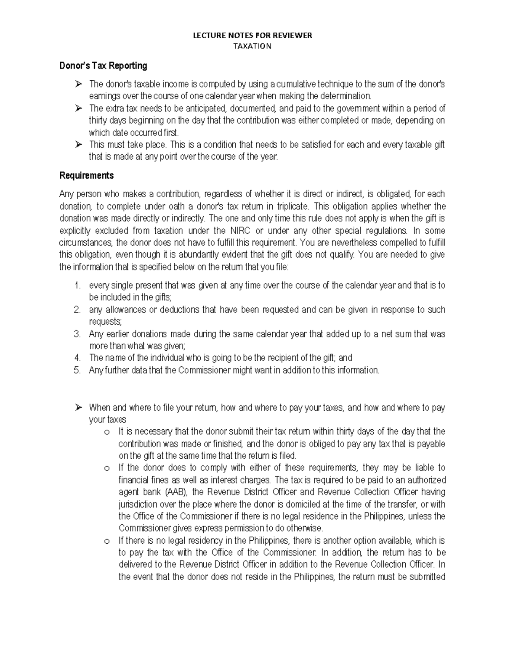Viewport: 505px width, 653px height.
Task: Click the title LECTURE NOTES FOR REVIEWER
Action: point(252,35)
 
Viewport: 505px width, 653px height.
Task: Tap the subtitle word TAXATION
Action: point(252,46)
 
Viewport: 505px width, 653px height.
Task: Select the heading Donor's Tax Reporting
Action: point(103,66)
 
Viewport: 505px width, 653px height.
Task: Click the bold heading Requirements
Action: point(86,175)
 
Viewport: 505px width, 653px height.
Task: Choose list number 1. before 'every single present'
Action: point(77,286)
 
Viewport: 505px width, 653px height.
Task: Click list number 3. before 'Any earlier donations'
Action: point(77,334)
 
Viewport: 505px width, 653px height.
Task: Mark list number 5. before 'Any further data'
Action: point(77,370)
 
